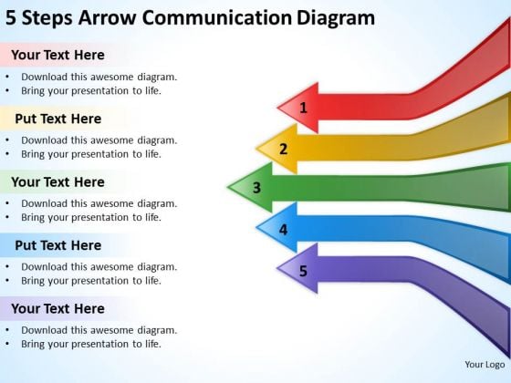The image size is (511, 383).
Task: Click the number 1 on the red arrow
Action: [303, 108]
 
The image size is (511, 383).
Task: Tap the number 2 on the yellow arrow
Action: [284, 149]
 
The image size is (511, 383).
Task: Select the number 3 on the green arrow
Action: [256, 188]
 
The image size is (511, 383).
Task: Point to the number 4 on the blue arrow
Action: [283, 230]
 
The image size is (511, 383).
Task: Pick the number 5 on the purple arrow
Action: [303, 271]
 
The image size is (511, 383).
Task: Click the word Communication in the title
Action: [217, 17]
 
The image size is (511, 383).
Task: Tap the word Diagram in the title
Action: [336, 19]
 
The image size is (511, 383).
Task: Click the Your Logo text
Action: [485, 365]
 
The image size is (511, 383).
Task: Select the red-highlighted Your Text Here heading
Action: [57, 55]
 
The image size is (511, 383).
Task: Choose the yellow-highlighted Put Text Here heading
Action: [58, 119]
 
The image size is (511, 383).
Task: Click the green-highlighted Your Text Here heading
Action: [57, 181]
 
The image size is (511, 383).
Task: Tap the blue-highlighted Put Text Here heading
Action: [58, 245]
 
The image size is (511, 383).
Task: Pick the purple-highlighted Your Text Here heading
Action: [57, 308]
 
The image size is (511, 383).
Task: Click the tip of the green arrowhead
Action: [228, 187]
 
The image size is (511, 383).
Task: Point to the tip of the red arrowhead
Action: [277, 108]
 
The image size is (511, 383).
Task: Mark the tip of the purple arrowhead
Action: [277, 268]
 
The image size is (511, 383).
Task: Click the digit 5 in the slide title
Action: [11, 18]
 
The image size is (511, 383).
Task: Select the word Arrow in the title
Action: [108, 18]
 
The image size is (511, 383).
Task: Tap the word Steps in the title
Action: [47, 19]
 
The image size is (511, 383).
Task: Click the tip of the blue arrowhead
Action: [256, 228]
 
